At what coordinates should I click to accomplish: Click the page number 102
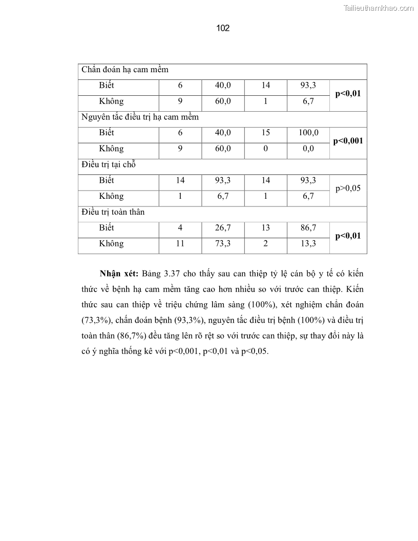(x=223, y=28)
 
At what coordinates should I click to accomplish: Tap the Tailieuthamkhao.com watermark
(x=378, y=8)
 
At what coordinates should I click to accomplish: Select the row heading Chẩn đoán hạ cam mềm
(x=125, y=70)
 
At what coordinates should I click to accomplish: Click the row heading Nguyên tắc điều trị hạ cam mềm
(x=140, y=117)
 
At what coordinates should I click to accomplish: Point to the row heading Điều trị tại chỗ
(x=108, y=164)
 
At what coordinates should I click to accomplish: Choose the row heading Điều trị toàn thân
(x=113, y=212)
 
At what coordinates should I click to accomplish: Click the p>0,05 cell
(x=348, y=188)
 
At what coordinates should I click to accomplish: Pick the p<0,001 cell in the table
(x=348, y=140)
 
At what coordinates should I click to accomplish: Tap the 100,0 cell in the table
(x=308, y=133)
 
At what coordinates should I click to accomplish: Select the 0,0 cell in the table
(x=308, y=149)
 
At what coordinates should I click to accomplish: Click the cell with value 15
(x=265, y=133)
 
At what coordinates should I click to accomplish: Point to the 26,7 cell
(x=223, y=227)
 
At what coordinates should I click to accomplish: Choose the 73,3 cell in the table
(x=223, y=243)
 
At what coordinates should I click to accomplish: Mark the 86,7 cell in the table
(x=308, y=227)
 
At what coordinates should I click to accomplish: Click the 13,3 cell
(x=308, y=243)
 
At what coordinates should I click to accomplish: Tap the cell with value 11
(x=180, y=243)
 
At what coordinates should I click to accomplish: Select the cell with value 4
(x=180, y=227)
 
